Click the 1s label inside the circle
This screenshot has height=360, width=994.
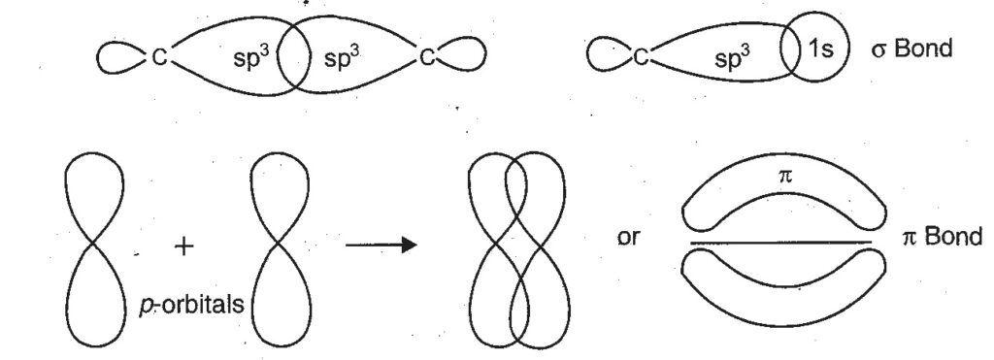click(x=819, y=55)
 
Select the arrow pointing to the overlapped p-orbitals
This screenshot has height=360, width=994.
click(x=381, y=244)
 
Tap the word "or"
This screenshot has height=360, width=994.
click(x=628, y=238)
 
